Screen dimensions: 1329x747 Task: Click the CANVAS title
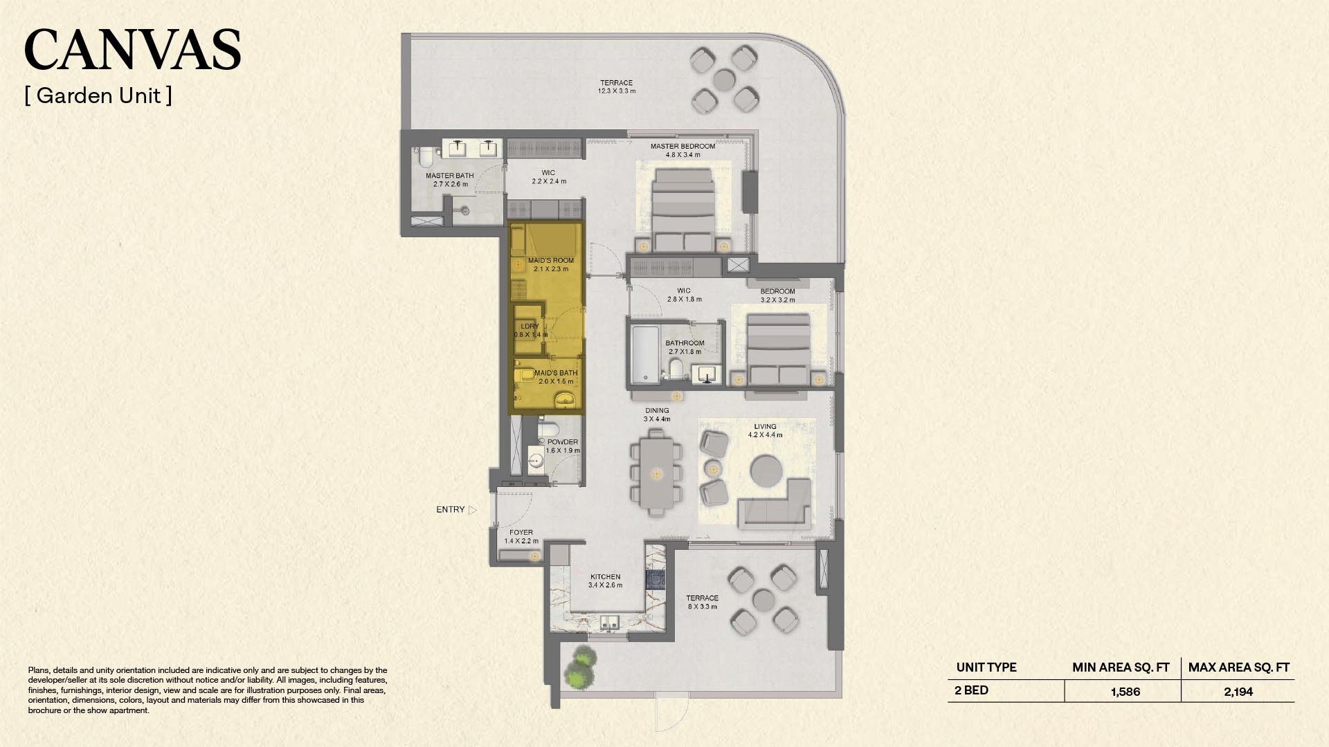pos(132,49)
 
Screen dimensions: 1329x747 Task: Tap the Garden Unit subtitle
pos(98,95)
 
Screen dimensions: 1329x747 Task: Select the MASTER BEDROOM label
pos(682,147)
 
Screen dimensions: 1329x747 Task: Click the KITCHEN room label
pos(605,577)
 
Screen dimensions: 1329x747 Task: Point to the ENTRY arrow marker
pos(473,510)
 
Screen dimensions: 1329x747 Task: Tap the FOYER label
pos(521,533)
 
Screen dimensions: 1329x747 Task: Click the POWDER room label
pos(563,442)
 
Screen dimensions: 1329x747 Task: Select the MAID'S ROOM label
pos(551,261)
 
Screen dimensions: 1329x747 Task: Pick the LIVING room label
pos(765,427)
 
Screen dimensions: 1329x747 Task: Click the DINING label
pos(657,411)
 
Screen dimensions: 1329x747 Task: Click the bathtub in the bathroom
pos(645,354)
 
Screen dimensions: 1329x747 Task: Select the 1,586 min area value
pos(1125,692)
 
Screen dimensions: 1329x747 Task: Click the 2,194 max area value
pos(1238,692)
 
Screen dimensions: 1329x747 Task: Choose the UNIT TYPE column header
pos(986,667)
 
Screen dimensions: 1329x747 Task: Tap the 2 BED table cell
pos(971,690)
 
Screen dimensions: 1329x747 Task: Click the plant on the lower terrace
pos(580,667)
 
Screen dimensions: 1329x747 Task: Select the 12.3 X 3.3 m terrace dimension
pos(617,91)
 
